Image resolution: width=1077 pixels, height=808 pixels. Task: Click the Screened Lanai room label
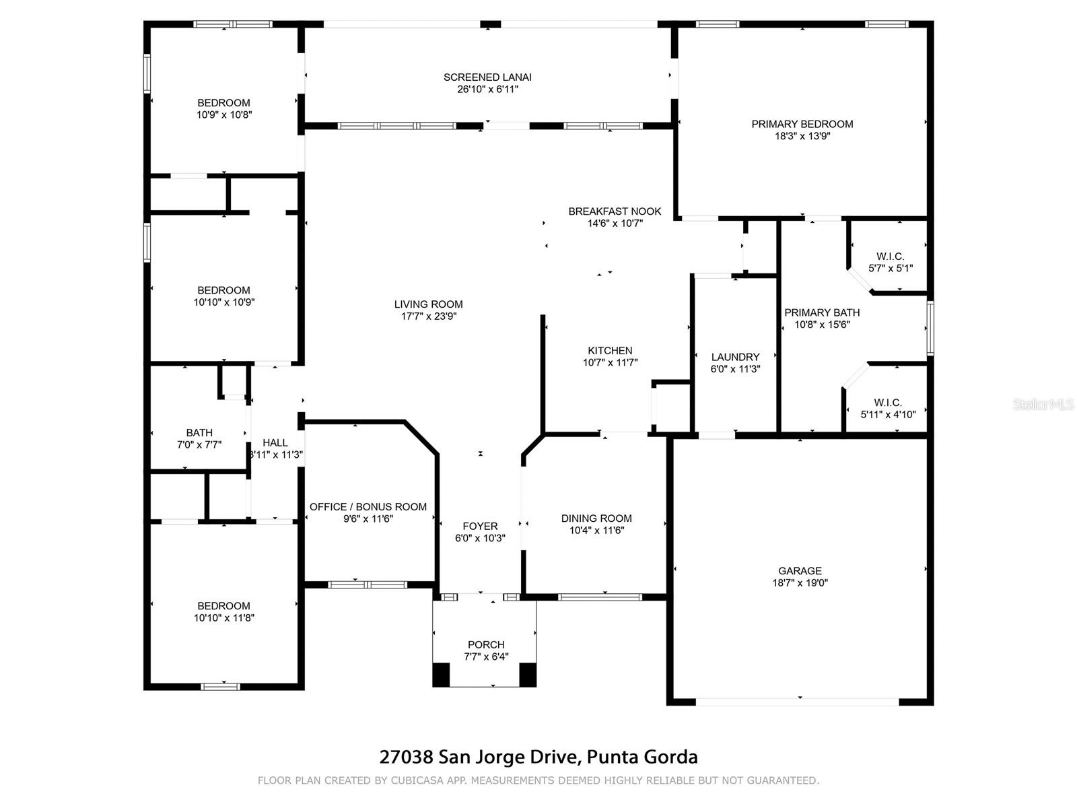click(487, 77)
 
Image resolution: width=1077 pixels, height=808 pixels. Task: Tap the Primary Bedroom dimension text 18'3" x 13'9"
click(802, 136)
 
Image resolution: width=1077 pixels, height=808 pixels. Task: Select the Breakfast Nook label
click(615, 211)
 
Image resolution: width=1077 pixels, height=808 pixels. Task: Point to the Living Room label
click(428, 304)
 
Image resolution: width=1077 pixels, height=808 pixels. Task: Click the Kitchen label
click(610, 350)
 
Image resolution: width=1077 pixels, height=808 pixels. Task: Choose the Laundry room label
click(735, 357)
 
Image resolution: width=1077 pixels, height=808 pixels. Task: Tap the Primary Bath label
click(822, 312)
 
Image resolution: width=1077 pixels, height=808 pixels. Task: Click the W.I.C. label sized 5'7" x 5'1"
click(890, 256)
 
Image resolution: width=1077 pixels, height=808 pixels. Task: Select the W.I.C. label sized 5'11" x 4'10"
click(888, 402)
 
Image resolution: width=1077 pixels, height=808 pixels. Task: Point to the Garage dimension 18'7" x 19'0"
click(800, 582)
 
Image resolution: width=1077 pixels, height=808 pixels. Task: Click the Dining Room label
click(596, 518)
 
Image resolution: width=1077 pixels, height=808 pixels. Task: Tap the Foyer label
click(480, 526)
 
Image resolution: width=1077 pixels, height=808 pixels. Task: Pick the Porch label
click(486, 644)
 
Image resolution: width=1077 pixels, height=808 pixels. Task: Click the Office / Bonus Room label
click(368, 507)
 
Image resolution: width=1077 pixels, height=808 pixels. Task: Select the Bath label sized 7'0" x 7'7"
click(199, 433)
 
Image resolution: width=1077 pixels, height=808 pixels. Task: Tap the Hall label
click(275, 442)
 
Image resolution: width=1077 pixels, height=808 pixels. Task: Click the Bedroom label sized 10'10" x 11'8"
click(223, 606)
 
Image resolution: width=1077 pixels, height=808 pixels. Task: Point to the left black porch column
click(441, 675)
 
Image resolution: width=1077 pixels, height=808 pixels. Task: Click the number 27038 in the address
click(407, 756)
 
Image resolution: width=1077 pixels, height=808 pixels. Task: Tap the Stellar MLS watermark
click(1043, 404)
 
